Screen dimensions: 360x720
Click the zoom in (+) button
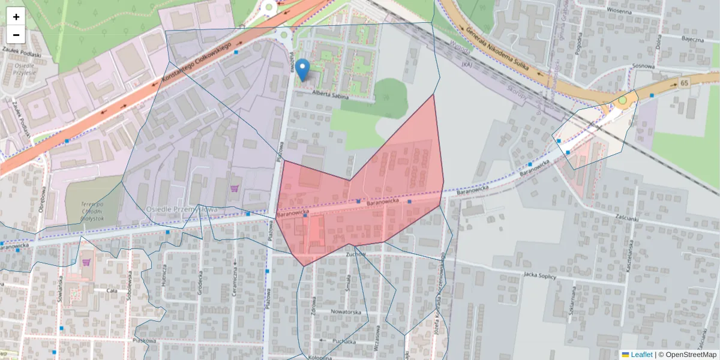click(16, 17)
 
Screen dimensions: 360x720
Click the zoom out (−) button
click(16, 35)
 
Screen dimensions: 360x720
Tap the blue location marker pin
click(304, 70)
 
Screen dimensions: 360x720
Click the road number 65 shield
click(683, 82)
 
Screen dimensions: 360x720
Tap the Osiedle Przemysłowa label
click(181, 209)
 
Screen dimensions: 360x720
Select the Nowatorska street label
click(346, 312)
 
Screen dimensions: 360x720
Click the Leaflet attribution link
click(641, 355)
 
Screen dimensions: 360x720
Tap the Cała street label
click(111, 290)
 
